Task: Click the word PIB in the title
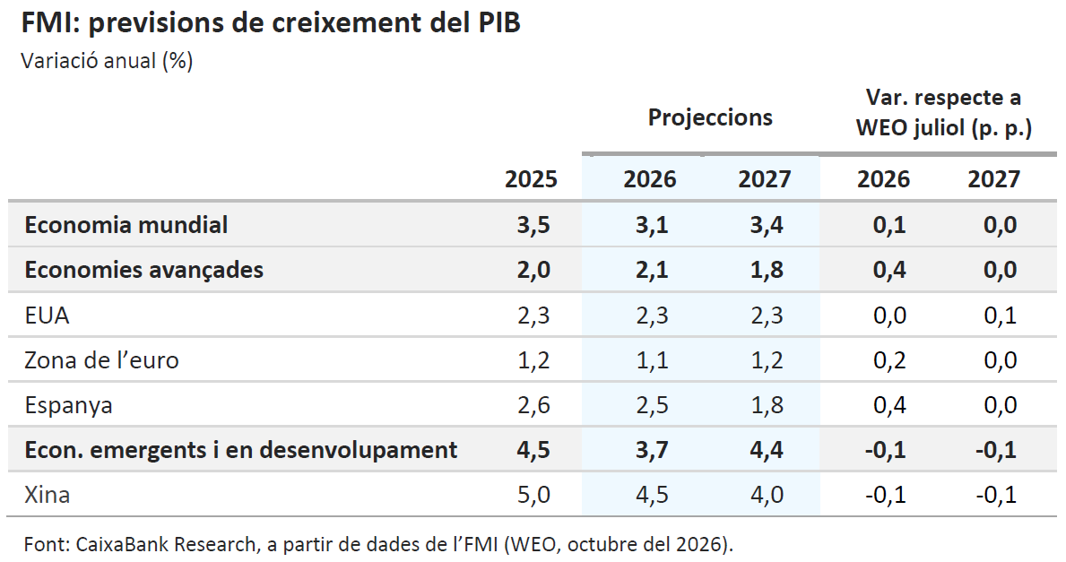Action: pos(495,22)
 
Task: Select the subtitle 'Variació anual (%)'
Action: pos(108,61)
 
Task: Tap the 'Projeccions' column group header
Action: pos(710,117)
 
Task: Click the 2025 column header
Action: pos(531,179)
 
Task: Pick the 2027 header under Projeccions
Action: pos(765,179)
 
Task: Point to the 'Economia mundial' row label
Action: pos(126,225)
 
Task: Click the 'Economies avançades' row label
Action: pos(144,270)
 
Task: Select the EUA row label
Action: pos(47,316)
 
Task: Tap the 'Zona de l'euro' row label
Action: pos(102,360)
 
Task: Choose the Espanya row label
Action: pos(69,406)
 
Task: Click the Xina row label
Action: pos(47,495)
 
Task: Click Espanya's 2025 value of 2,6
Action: pos(533,406)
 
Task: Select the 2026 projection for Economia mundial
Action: pos(652,225)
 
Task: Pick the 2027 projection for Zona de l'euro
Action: pos(767,360)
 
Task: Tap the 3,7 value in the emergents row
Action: pos(652,450)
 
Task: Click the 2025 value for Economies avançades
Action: pos(533,270)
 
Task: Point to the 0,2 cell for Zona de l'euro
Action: pos(890,360)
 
